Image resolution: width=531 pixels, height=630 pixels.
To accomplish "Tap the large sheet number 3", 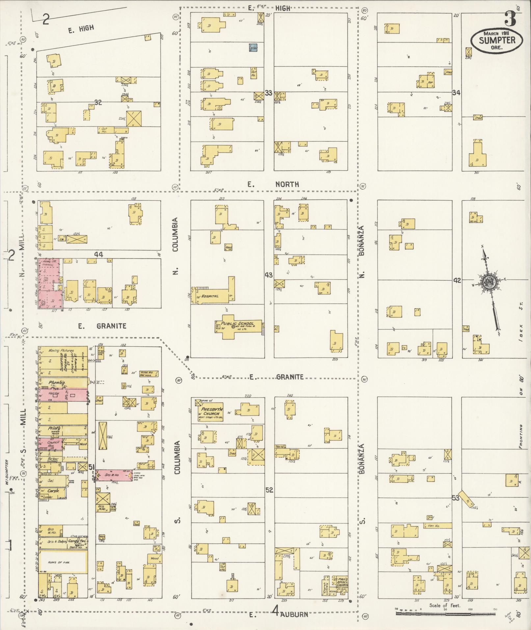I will coord(510,19).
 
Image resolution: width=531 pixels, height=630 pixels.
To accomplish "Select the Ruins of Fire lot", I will coord(63,562).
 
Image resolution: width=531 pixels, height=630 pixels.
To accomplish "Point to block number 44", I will coord(98,255).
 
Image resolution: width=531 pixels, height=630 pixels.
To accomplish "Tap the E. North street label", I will coord(273,184).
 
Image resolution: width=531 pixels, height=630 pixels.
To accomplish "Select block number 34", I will coord(456,93).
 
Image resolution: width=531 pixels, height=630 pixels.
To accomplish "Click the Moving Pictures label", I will coord(61,351).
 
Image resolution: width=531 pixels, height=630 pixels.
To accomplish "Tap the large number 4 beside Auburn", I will coord(276,612).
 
